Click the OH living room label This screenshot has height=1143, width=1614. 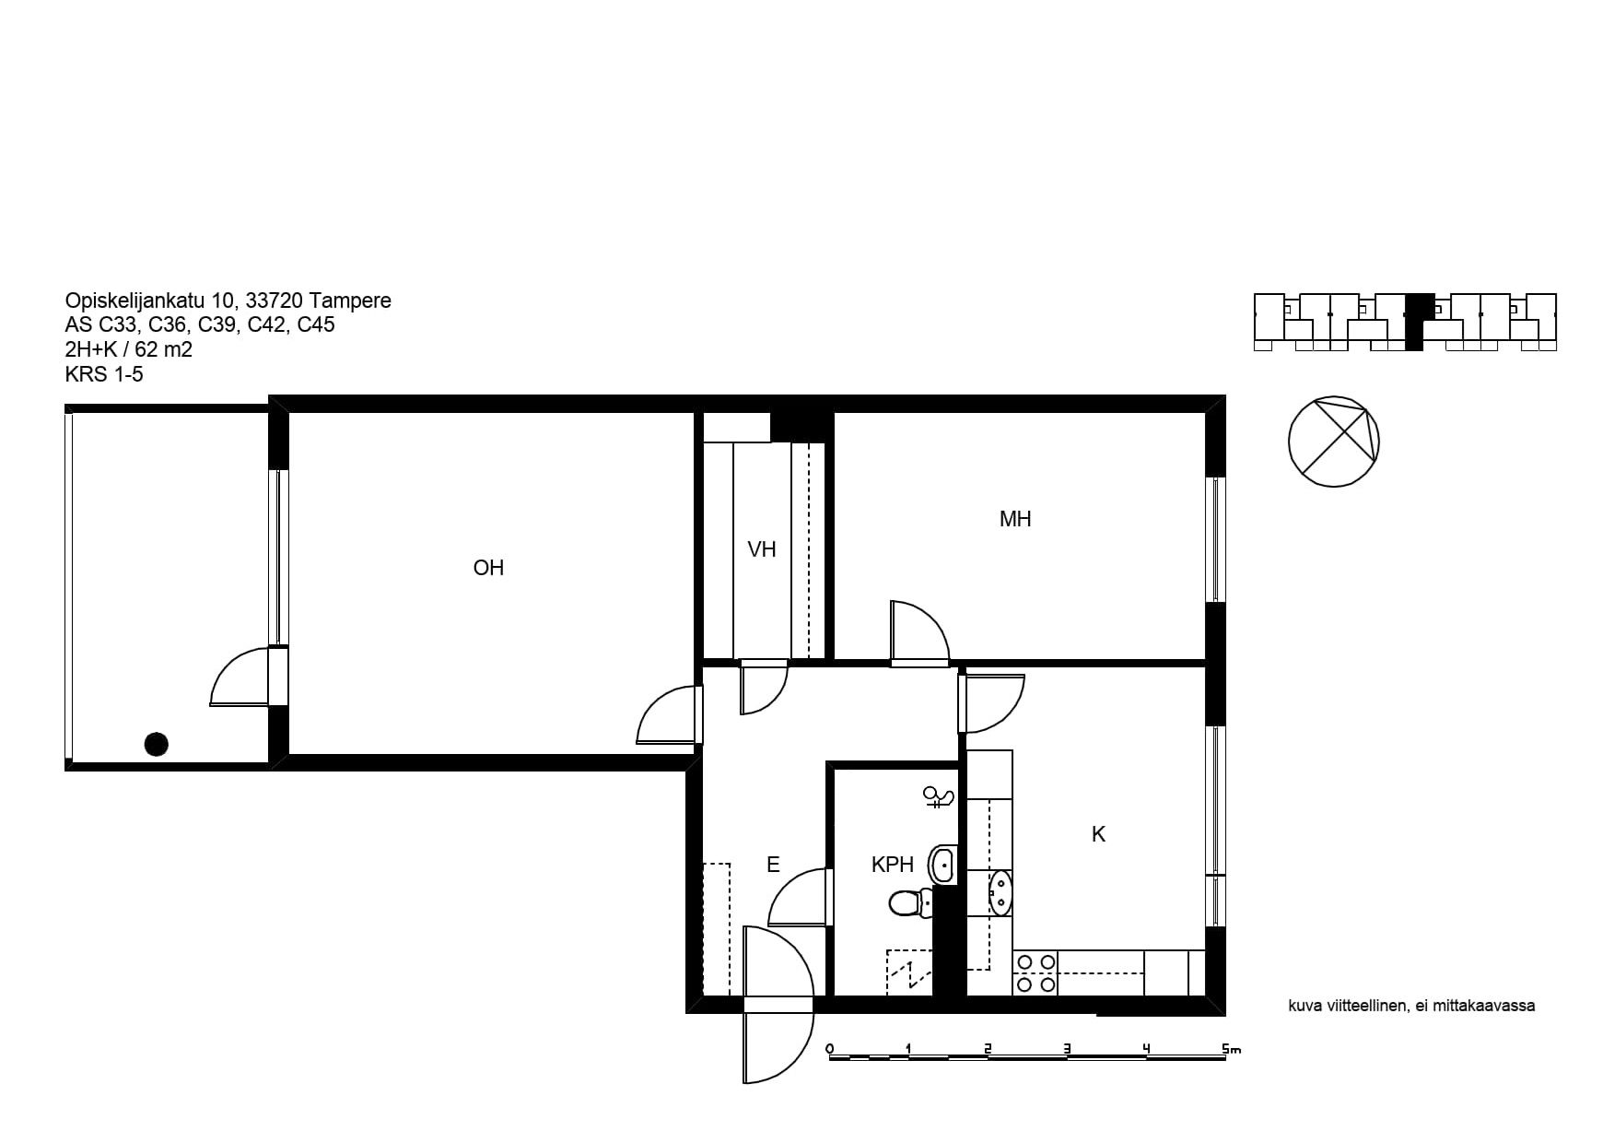coord(488,568)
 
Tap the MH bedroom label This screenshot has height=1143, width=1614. coord(1015,519)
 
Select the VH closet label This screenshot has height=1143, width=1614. coord(762,549)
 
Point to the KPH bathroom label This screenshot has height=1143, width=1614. coord(893,865)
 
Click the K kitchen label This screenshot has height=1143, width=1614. coord(1098,834)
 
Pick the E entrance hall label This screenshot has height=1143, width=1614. coord(773,865)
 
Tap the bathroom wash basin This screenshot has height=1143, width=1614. coord(943,865)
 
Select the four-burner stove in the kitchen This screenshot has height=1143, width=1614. coord(1035,973)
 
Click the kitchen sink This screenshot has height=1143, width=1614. coord(1000,892)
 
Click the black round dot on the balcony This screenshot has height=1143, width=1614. coord(157,744)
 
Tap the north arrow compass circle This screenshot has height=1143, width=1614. coord(1333,441)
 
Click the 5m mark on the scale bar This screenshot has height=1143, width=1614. coord(1231,1049)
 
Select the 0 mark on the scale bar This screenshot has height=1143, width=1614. coord(830,1049)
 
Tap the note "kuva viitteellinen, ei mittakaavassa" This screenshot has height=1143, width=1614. coord(1411,1006)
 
